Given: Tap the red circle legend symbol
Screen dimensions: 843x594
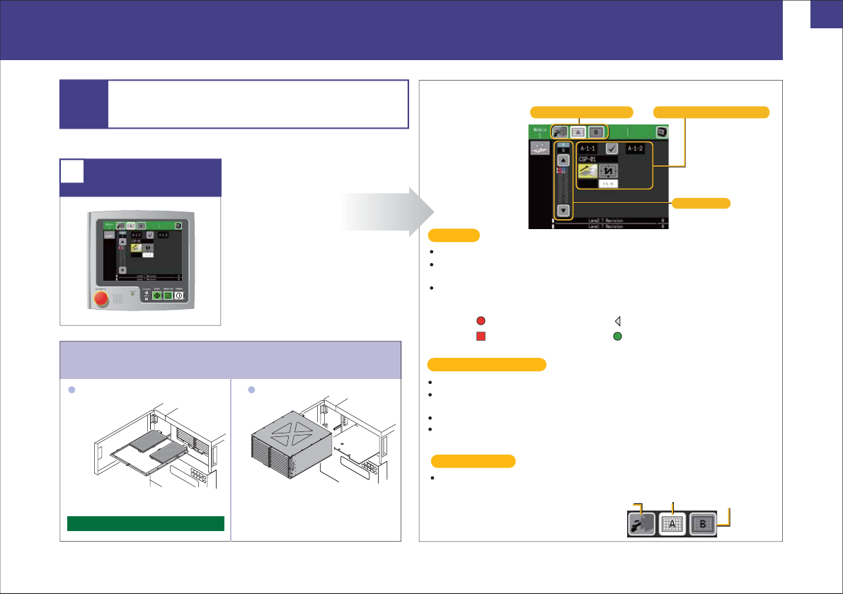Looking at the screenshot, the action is pos(480,320).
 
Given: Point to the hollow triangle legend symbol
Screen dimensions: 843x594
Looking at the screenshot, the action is pos(617,320).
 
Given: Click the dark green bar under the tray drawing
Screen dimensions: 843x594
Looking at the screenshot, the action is pos(146,523).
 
